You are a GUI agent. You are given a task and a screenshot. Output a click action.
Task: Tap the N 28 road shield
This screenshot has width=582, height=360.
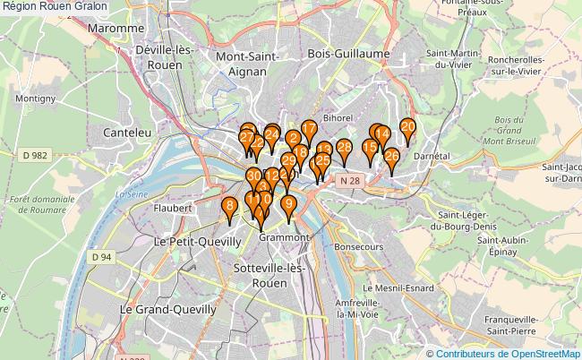[349, 181]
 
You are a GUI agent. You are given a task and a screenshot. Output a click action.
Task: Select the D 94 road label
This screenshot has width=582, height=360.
[101, 257]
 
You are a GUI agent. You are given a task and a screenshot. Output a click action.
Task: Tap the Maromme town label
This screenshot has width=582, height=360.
[116, 29]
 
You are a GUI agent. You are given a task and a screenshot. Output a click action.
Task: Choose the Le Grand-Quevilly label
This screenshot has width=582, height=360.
[168, 309]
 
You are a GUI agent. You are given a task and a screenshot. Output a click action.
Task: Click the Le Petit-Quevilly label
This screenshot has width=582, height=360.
[197, 242]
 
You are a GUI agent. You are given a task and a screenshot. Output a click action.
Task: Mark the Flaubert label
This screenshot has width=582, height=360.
[174, 208]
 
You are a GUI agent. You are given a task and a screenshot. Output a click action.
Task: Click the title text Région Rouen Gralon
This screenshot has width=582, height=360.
[55, 6]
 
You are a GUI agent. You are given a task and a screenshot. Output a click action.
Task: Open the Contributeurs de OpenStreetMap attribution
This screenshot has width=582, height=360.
[508, 353]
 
